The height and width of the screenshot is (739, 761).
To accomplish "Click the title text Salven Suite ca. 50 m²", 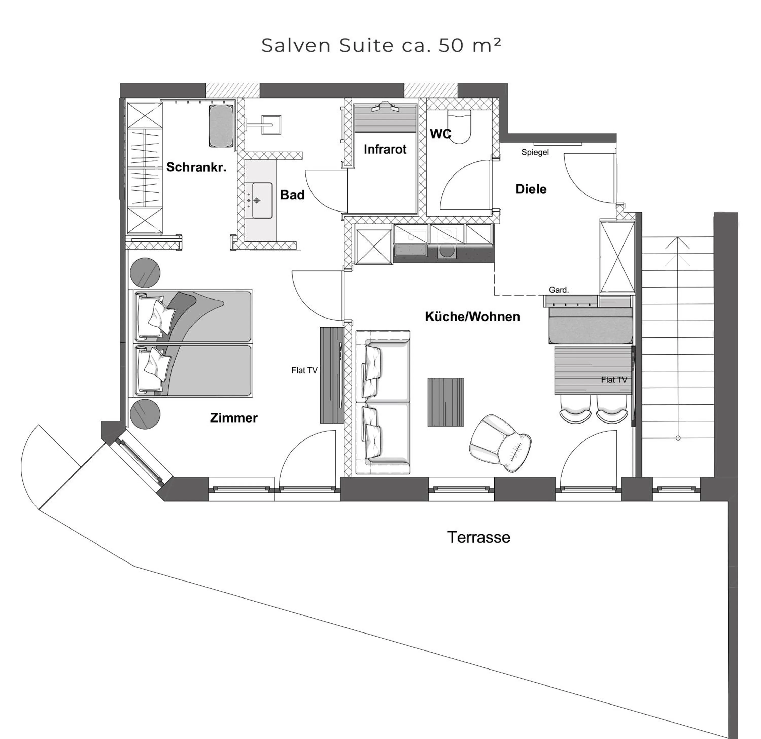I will pos(381,45).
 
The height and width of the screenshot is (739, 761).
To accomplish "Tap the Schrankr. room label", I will pos(196,167).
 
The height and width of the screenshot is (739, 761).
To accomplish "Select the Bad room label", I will pos(292,195).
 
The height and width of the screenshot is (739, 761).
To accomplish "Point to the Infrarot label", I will pos(385,149).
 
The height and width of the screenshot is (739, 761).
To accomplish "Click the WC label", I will pos(440,134).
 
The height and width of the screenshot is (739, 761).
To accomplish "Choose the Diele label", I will pos(531,189).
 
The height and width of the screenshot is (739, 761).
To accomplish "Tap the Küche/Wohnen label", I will pos(472,317).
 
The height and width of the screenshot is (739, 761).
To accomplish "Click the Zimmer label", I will pos(234,418).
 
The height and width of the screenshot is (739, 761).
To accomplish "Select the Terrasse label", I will pos(478,538).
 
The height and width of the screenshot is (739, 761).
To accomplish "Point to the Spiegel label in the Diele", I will pos(535,152).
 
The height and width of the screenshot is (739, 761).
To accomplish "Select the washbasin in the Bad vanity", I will pos(262,200).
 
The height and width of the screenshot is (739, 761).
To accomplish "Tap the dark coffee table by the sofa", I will pos(446,402).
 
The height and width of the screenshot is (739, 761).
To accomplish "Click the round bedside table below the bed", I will pos(145,414).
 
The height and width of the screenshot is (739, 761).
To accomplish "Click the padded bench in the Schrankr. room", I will pos(221,126).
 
